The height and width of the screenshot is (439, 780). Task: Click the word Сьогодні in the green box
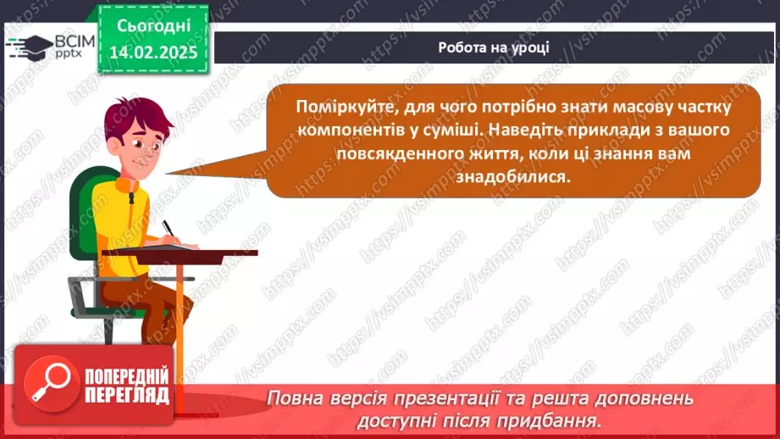pyautogui.click(x=153, y=26)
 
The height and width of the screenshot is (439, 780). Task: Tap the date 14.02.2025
pyautogui.click(x=153, y=53)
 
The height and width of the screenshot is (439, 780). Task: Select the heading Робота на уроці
pyautogui.click(x=494, y=47)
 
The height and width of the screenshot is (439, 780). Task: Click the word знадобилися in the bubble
pyautogui.click(x=513, y=176)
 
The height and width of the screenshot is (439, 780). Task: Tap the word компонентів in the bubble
pyautogui.click(x=351, y=131)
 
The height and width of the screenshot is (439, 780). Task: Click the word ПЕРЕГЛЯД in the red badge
pyautogui.click(x=127, y=396)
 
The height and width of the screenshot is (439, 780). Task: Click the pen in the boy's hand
pyautogui.click(x=169, y=229)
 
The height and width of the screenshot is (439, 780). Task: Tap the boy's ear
pyautogui.click(x=114, y=145)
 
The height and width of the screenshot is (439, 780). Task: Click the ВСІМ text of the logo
pyautogui.click(x=75, y=42)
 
